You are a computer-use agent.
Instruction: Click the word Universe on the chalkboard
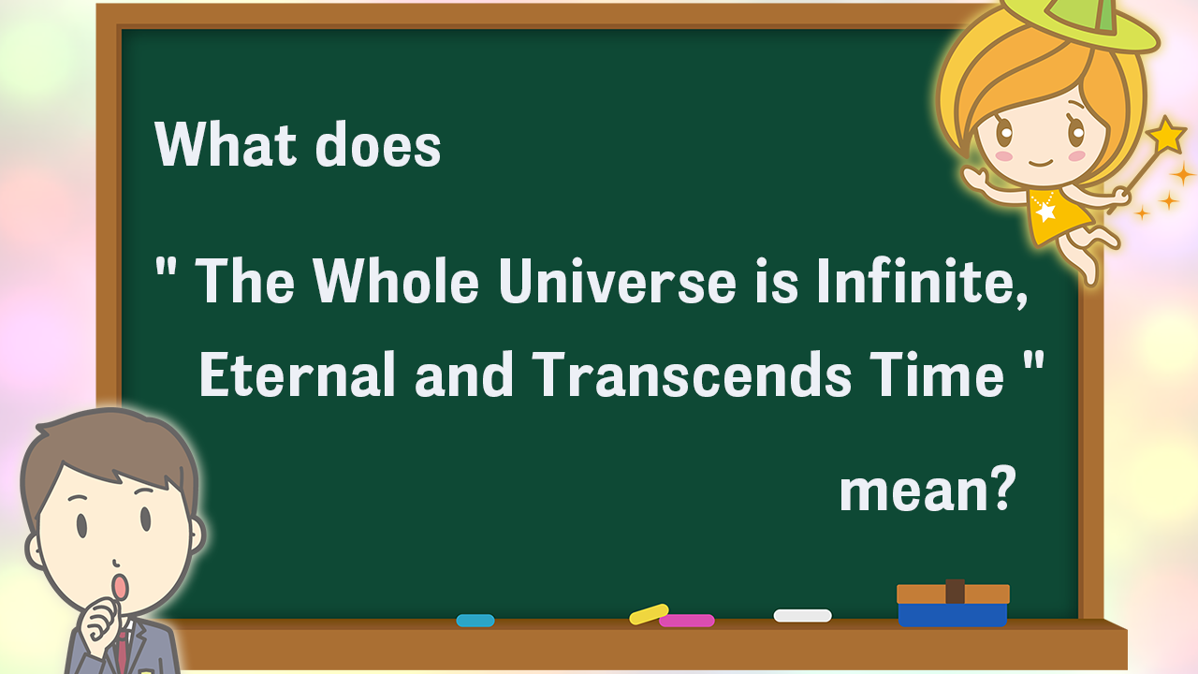617,281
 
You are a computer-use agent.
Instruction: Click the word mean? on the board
928,489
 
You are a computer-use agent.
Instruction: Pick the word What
226,144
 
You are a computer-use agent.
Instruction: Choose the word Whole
396,281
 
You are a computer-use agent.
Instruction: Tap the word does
378,144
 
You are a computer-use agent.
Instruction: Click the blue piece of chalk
475,621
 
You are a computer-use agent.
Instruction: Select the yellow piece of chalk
649,614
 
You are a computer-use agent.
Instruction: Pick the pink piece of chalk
687,621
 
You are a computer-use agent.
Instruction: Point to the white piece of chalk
803,616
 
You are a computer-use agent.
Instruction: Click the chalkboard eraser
953,603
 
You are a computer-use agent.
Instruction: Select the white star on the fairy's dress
1045,212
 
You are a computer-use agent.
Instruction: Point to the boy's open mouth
121,587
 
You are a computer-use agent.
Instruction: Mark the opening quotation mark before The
166,268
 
